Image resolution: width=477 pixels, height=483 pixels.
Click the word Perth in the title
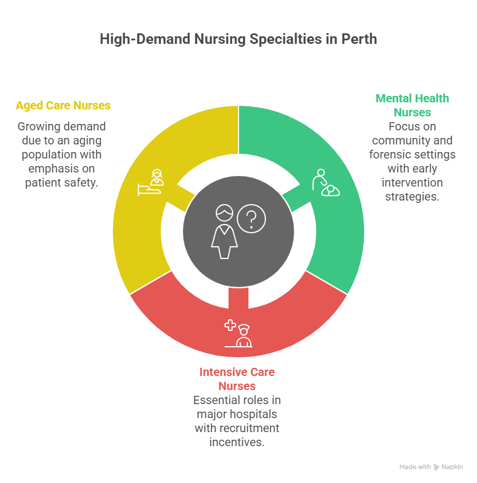360,39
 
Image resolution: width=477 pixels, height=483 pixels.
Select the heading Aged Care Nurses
63,105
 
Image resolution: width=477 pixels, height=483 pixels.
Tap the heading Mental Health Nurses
412,105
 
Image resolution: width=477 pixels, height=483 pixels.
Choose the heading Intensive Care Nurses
237,379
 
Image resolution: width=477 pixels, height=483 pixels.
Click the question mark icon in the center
251,218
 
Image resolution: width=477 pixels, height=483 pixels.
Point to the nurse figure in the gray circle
224,232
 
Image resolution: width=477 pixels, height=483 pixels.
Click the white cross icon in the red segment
230,325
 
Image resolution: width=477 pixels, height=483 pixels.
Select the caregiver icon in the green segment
326,182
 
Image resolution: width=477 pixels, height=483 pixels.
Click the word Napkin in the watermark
452,467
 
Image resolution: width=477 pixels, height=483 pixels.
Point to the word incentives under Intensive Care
237,442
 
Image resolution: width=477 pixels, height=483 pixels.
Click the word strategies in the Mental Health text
412,196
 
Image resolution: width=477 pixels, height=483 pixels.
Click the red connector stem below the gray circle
238,298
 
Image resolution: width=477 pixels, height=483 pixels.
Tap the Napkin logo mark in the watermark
436,467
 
